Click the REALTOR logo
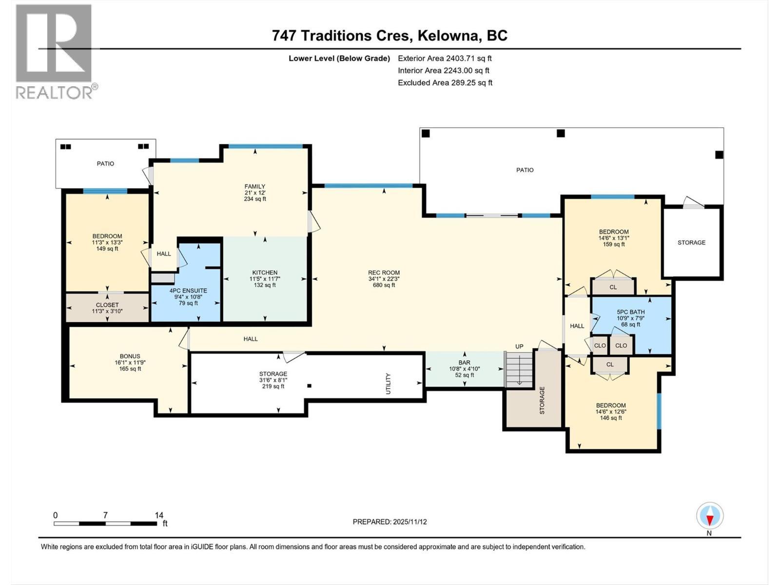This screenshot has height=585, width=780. (x=54, y=51)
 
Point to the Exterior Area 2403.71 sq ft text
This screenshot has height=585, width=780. (x=445, y=58)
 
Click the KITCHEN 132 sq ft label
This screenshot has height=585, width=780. (x=265, y=279)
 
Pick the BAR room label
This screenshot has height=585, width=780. (x=464, y=369)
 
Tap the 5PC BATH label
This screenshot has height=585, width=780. (x=630, y=318)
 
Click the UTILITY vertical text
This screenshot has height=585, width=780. (x=389, y=384)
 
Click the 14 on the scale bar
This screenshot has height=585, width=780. (x=159, y=515)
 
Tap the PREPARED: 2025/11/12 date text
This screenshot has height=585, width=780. (x=390, y=522)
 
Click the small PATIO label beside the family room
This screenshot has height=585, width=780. (x=105, y=164)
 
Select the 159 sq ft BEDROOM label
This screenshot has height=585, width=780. (x=613, y=238)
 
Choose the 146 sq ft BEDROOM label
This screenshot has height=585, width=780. (x=610, y=411)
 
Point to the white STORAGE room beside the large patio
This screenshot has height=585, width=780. (x=691, y=242)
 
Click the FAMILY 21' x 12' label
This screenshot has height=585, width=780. (x=255, y=193)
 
